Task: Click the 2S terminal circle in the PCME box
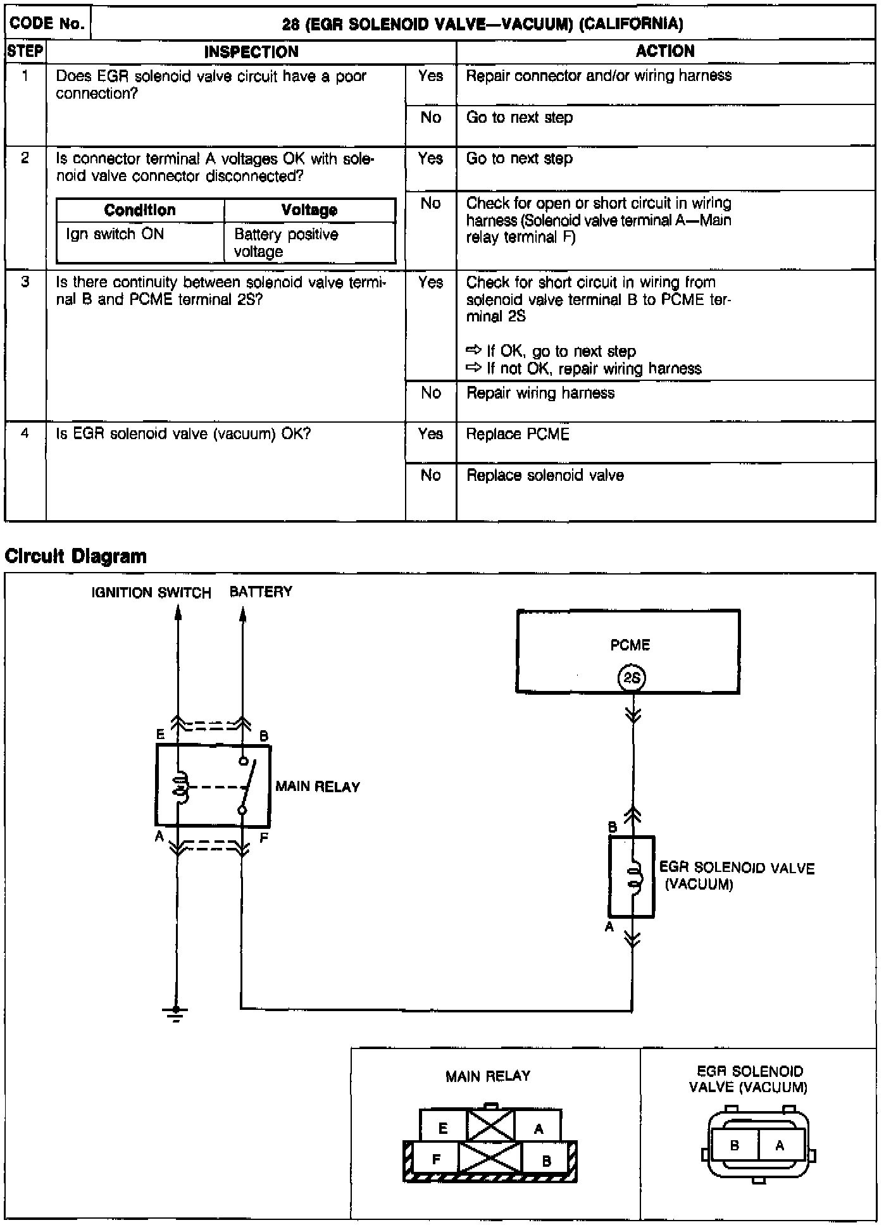tap(632, 678)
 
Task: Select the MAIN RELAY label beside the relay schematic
tap(318, 787)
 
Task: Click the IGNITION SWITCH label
tap(151, 593)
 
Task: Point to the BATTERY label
tap(261, 592)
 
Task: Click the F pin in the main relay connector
tap(436, 1160)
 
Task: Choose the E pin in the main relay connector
tap(443, 1128)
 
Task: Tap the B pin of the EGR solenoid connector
tap(735, 1145)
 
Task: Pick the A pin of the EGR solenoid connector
tap(780, 1145)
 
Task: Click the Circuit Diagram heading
tap(76, 556)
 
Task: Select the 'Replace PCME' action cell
tap(518, 434)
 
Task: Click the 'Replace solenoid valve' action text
tap(545, 475)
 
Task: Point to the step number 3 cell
tap(25, 282)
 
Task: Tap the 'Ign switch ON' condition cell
tap(115, 234)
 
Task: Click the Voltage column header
tap(309, 210)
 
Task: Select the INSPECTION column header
tap(251, 52)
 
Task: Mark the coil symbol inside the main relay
tap(180, 787)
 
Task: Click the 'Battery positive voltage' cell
tap(286, 243)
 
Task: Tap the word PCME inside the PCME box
tap(630, 645)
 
